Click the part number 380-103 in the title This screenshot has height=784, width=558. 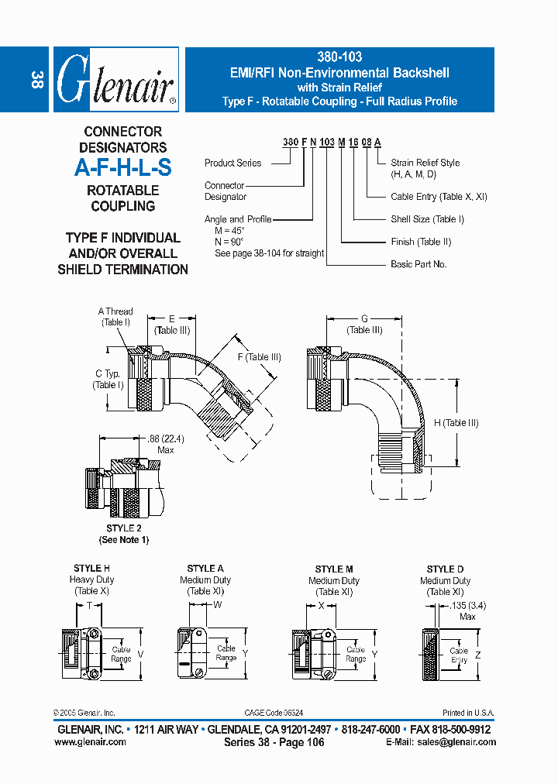(339, 57)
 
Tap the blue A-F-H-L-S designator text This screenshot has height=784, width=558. (123, 168)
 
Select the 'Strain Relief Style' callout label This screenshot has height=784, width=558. (425, 163)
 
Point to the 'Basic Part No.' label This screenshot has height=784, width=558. (418, 264)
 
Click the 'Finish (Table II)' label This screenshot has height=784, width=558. (421, 242)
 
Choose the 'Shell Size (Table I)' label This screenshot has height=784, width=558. (427, 219)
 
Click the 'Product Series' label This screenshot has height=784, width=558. (232, 163)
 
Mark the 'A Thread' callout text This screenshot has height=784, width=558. (115, 311)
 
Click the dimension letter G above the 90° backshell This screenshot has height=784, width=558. (365, 319)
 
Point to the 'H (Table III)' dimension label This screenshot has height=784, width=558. (456, 423)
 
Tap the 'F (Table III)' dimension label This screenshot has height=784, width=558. (259, 357)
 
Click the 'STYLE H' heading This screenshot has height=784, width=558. (91, 569)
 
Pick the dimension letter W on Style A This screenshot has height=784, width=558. (218, 604)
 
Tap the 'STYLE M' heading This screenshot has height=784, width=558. (334, 569)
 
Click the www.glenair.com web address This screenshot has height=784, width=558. (90, 741)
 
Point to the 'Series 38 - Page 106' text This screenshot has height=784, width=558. (274, 742)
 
